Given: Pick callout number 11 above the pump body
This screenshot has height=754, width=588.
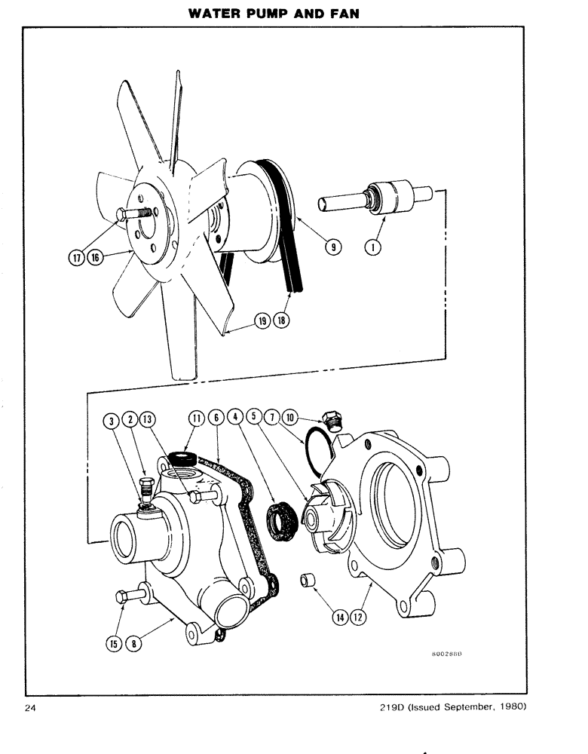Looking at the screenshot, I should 197,419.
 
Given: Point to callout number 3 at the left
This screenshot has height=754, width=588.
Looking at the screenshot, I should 112,419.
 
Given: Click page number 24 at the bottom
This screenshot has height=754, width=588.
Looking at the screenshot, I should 30,706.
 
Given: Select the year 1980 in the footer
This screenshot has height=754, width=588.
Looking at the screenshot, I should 511,706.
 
